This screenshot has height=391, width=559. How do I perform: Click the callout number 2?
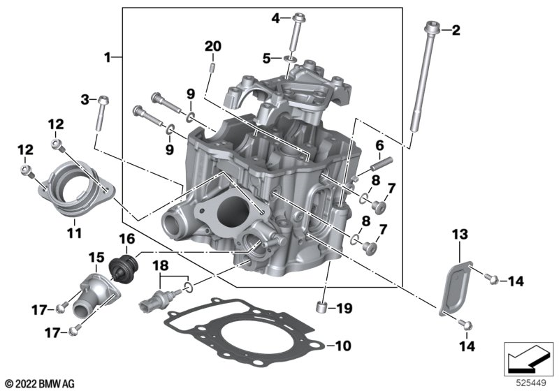456,30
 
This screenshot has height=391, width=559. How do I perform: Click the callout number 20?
212,47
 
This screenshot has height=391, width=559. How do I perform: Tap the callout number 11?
74,231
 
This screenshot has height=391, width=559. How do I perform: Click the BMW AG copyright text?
38,383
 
